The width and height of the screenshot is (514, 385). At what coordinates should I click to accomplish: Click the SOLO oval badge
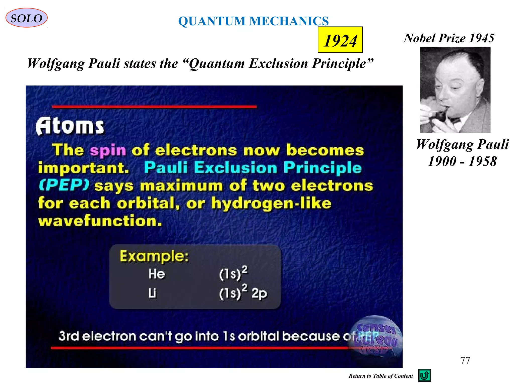click(26, 18)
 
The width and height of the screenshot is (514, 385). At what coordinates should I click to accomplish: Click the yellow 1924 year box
click(340, 40)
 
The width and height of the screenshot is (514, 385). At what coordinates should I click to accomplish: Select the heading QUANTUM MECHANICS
click(253, 21)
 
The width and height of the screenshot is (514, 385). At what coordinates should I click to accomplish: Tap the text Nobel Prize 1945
click(449, 38)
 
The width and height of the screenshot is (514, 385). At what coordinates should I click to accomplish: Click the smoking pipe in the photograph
click(440, 115)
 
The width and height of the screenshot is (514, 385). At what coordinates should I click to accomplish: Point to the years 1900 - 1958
click(462, 161)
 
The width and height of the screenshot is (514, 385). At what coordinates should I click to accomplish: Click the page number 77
click(465, 360)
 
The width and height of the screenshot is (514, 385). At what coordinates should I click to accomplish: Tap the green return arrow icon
click(424, 375)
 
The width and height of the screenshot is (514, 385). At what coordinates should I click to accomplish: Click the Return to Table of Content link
click(380, 376)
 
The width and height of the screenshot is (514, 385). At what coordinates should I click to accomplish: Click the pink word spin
click(108, 150)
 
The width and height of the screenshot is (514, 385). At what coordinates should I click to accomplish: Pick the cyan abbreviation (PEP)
click(64, 185)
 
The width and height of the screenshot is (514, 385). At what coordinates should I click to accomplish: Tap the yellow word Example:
click(154, 256)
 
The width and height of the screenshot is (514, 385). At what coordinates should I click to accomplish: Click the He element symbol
click(156, 273)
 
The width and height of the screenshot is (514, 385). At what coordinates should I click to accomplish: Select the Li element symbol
click(152, 293)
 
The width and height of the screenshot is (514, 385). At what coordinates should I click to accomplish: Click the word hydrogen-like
click(271, 203)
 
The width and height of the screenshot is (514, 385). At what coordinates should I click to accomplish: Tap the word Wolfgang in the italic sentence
click(56, 63)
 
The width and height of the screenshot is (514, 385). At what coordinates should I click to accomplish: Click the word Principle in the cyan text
click(323, 168)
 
